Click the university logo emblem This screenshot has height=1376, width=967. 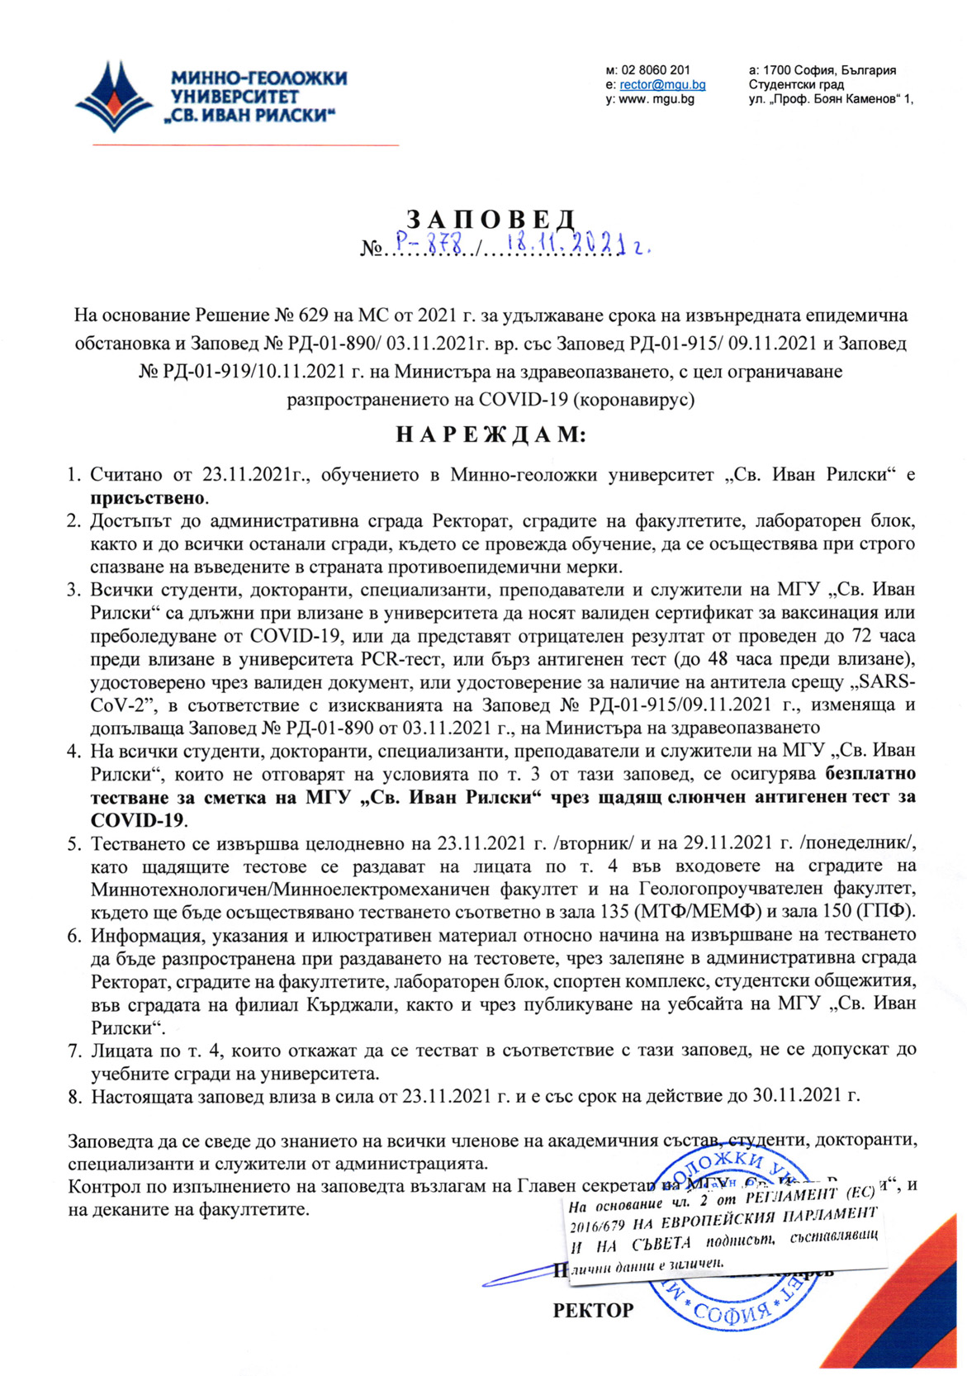click(115, 96)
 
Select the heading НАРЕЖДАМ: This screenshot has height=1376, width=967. click(491, 434)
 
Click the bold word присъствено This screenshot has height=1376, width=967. click(148, 499)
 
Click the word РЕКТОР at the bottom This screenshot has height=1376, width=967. click(593, 1310)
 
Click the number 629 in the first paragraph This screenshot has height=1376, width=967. click(305, 316)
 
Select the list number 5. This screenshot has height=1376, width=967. click(73, 844)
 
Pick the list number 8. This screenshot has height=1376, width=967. click(73, 1097)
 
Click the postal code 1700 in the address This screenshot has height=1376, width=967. click(778, 70)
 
